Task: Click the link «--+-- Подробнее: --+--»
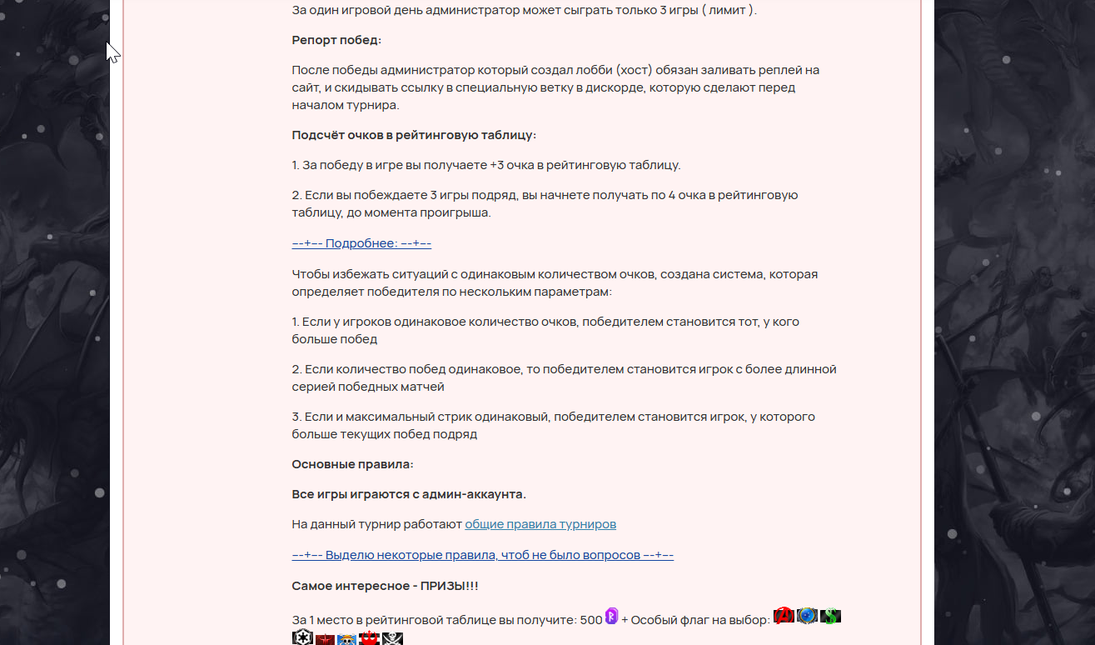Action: [361, 243]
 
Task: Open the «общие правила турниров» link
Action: [540, 524]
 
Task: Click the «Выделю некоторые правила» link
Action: [483, 555]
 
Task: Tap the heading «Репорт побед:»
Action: [336, 40]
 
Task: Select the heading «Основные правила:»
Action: [352, 464]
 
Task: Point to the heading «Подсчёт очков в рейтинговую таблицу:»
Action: [414, 135]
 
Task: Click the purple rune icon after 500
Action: [612, 617]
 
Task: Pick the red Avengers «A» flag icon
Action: [784, 616]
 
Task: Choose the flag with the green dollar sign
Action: [830, 617]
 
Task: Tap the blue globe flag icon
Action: [807, 616]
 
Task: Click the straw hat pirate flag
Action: [347, 639]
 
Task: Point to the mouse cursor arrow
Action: [112, 52]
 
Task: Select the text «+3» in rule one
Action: [497, 165]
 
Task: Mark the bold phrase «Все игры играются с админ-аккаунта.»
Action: [409, 494]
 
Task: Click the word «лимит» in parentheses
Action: [725, 10]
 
